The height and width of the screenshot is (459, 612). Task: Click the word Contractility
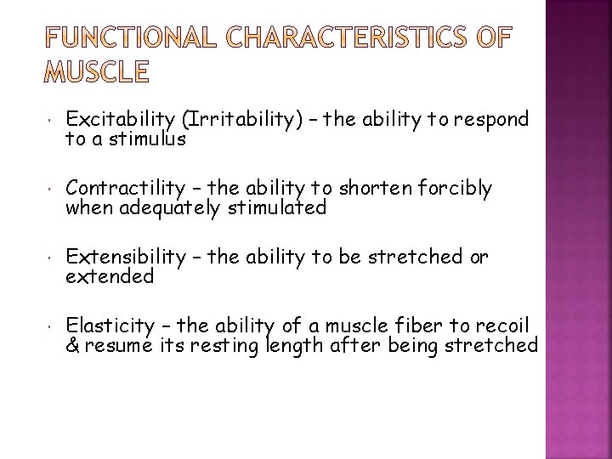click(x=126, y=188)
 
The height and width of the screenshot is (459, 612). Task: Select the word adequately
click(x=169, y=207)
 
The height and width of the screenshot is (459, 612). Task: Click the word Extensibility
click(x=126, y=256)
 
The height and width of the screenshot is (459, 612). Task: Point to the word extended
click(x=110, y=276)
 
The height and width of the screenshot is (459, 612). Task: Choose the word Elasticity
click(x=109, y=325)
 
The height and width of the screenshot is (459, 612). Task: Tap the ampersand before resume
click(x=72, y=345)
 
